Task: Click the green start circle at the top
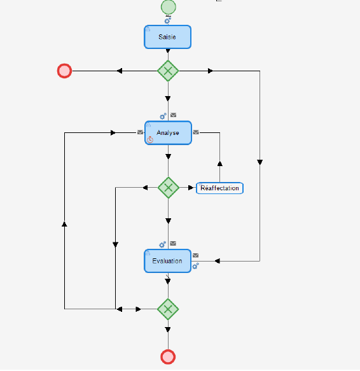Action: point(168,7)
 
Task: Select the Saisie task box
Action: point(167,37)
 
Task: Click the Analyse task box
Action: point(168,133)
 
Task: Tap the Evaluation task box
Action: point(167,261)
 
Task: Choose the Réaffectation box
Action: point(219,188)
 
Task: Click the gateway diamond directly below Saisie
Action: point(168,71)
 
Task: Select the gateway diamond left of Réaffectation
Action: point(168,188)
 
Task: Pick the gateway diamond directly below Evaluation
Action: point(168,309)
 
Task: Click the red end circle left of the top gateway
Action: point(64,71)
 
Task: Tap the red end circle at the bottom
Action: point(168,356)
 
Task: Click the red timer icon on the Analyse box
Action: point(150,139)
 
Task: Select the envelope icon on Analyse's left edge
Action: point(140,132)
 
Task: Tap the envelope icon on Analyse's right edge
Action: point(196,132)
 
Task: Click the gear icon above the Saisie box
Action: point(168,20)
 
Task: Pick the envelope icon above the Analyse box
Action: point(173,115)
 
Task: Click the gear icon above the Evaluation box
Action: point(163,244)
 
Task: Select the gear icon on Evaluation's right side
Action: point(196,265)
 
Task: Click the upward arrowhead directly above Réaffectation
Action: point(219,163)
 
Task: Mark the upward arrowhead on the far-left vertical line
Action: point(64,224)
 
